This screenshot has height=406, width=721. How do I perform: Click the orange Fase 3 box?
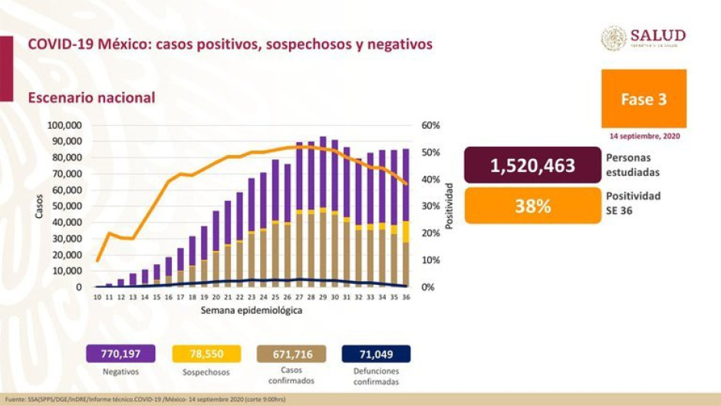(x=644, y=99)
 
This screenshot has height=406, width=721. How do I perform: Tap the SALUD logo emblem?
(x=614, y=38)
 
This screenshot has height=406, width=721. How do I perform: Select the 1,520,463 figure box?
(x=532, y=166)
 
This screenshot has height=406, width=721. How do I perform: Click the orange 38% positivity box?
(x=532, y=206)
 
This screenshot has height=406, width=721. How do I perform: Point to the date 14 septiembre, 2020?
(x=644, y=136)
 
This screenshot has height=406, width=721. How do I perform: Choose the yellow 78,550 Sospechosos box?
(x=205, y=354)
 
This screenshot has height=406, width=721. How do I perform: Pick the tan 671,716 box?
(x=291, y=354)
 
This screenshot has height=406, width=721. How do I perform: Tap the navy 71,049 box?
(x=376, y=354)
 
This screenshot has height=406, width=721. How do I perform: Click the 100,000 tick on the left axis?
(x=64, y=125)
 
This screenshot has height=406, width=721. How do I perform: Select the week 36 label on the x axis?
(x=406, y=296)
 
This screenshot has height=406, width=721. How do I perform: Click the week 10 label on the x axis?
(x=97, y=296)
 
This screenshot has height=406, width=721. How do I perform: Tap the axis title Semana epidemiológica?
(x=252, y=311)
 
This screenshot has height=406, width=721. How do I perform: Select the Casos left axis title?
(x=39, y=206)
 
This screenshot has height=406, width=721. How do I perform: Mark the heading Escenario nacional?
(x=91, y=98)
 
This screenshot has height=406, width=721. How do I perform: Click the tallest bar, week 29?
(x=323, y=212)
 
